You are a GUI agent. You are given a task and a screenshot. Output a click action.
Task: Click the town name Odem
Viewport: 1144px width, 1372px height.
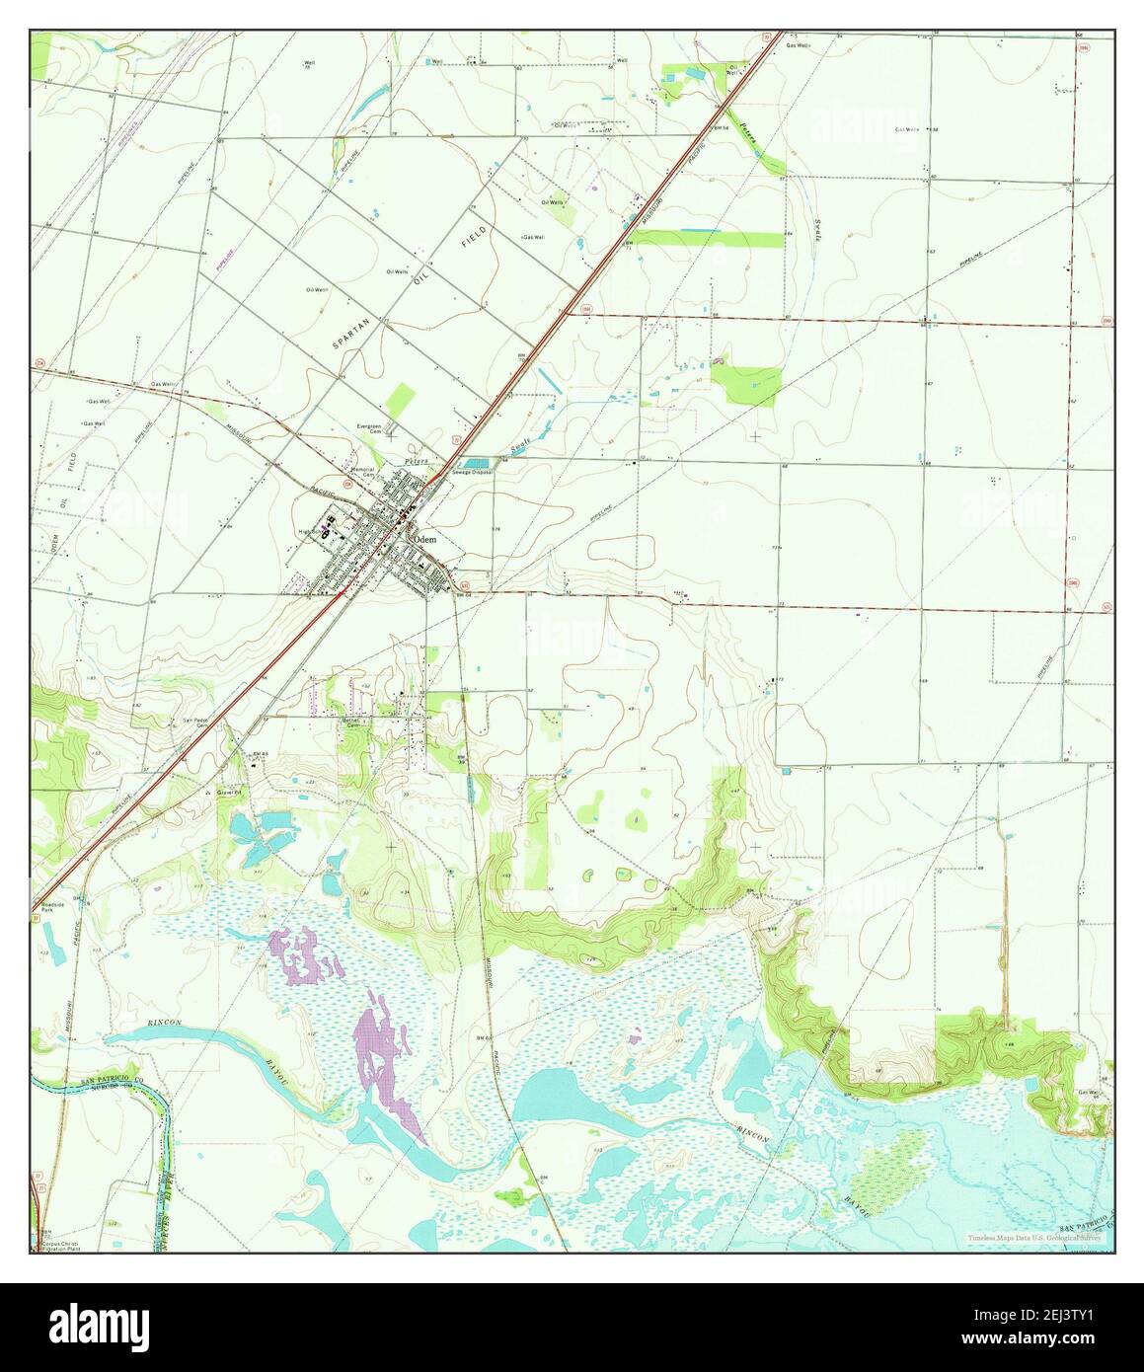[x=425, y=540]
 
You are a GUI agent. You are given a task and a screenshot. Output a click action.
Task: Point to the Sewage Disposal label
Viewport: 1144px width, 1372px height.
[x=473, y=473]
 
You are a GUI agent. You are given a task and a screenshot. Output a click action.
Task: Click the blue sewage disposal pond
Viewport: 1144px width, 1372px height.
[x=477, y=463]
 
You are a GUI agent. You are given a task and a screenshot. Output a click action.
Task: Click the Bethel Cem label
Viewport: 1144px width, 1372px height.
[x=351, y=723]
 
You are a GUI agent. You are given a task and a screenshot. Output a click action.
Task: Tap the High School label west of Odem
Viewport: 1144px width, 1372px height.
[x=313, y=531]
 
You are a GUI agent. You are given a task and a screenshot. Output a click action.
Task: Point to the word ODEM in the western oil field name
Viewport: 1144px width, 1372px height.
[x=56, y=542]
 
